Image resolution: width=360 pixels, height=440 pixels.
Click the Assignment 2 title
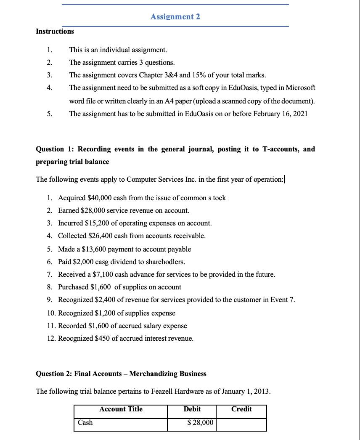175,16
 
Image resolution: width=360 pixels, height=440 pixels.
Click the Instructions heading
55,31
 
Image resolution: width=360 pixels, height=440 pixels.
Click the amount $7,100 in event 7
104,274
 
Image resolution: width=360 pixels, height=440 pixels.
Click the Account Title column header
121,409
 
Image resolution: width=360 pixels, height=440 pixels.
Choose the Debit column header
192,409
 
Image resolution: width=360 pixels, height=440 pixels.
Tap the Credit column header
241,409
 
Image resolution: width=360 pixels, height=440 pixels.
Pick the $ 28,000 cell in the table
200,422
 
